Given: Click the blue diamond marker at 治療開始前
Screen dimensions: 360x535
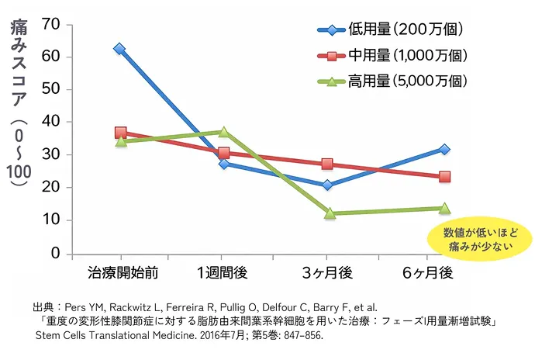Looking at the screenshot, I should click(119, 49).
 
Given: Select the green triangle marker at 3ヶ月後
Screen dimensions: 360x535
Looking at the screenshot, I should click(329, 213).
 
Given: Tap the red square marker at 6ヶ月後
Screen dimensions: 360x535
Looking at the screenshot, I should click(444, 177).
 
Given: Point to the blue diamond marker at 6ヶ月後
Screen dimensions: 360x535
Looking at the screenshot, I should click(444, 149).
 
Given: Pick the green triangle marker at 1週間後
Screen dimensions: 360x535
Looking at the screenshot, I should click(224, 133).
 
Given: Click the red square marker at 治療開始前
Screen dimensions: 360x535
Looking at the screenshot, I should click(120, 133).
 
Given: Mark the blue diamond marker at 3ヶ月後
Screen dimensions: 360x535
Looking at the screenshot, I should click(327, 185).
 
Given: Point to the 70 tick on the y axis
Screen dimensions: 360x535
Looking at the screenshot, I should click(51, 24).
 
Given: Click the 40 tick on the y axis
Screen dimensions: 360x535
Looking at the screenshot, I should click(51, 122).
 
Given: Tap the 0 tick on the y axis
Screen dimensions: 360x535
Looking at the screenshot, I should click(55, 253).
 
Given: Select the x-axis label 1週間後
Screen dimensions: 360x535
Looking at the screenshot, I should click(223, 273).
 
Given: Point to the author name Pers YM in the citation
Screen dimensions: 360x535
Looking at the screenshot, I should click(86, 308).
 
